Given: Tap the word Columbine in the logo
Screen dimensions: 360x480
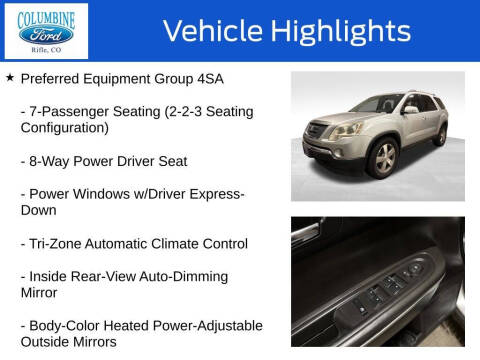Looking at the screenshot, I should tap(45, 15).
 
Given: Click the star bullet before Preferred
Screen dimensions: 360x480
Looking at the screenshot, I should tap(10, 77).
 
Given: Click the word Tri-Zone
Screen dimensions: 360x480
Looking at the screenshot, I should tap(56, 243).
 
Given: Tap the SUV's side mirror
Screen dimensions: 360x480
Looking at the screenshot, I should tap(410, 110).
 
